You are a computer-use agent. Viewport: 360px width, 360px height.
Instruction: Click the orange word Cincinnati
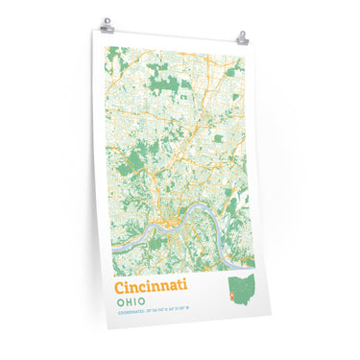click(151, 286)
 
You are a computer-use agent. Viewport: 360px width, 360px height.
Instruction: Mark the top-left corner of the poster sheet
click(96, 30)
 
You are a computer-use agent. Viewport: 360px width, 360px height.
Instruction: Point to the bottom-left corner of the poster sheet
click(108, 328)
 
